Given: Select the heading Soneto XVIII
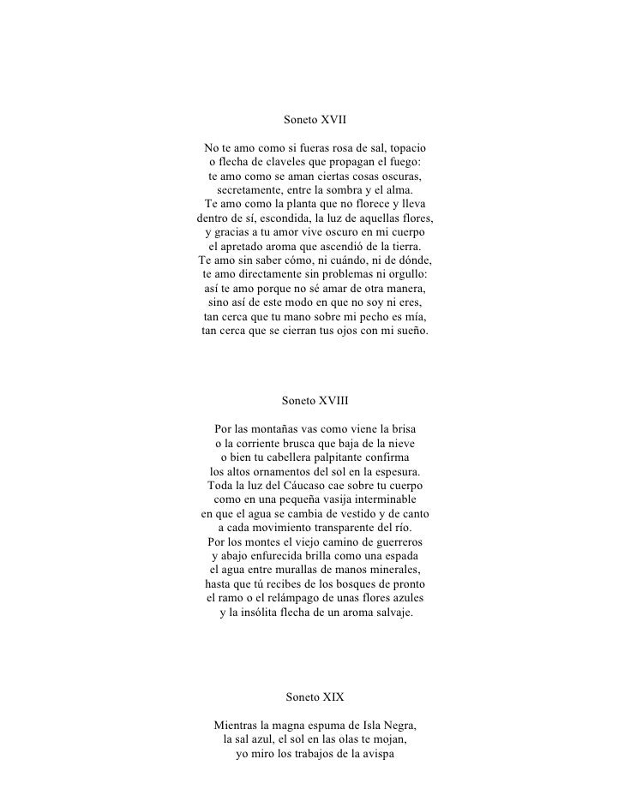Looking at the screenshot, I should point(315,400).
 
